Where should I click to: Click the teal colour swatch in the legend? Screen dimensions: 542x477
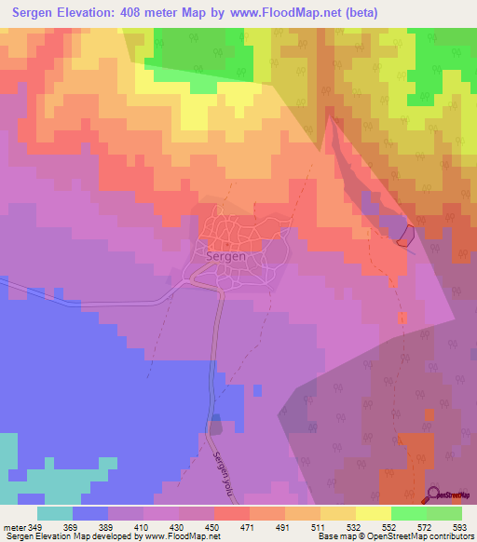pyautogui.click(x=55, y=512)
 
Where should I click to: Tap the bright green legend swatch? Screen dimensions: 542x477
pyautogui.click(x=409, y=512)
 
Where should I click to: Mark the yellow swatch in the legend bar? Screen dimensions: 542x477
pyautogui.click(x=374, y=512)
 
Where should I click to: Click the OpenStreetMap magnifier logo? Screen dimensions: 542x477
pyautogui.click(x=434, y=494)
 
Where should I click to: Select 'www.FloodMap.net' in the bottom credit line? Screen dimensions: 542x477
pyautogui.click(x=174, y=536)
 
